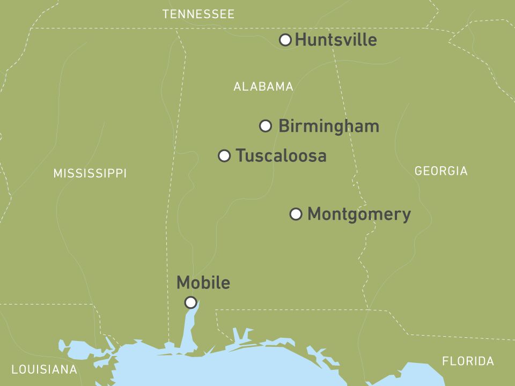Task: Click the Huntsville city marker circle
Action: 286,40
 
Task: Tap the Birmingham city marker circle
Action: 266,126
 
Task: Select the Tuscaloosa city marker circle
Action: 225,156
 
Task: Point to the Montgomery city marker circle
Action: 296,214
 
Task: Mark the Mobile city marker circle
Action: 190,302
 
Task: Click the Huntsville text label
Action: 336,40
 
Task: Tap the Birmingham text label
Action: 329,127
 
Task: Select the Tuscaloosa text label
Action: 281,156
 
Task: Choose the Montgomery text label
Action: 359,214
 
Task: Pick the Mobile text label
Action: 203,283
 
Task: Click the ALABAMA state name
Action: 263,87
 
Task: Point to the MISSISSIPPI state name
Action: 90,174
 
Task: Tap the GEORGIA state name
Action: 441,171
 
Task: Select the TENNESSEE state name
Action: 198,14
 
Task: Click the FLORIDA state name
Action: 468,361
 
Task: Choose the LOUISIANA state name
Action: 45,369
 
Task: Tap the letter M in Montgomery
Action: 314,214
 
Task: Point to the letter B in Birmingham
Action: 284,127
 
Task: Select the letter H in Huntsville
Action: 300,40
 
